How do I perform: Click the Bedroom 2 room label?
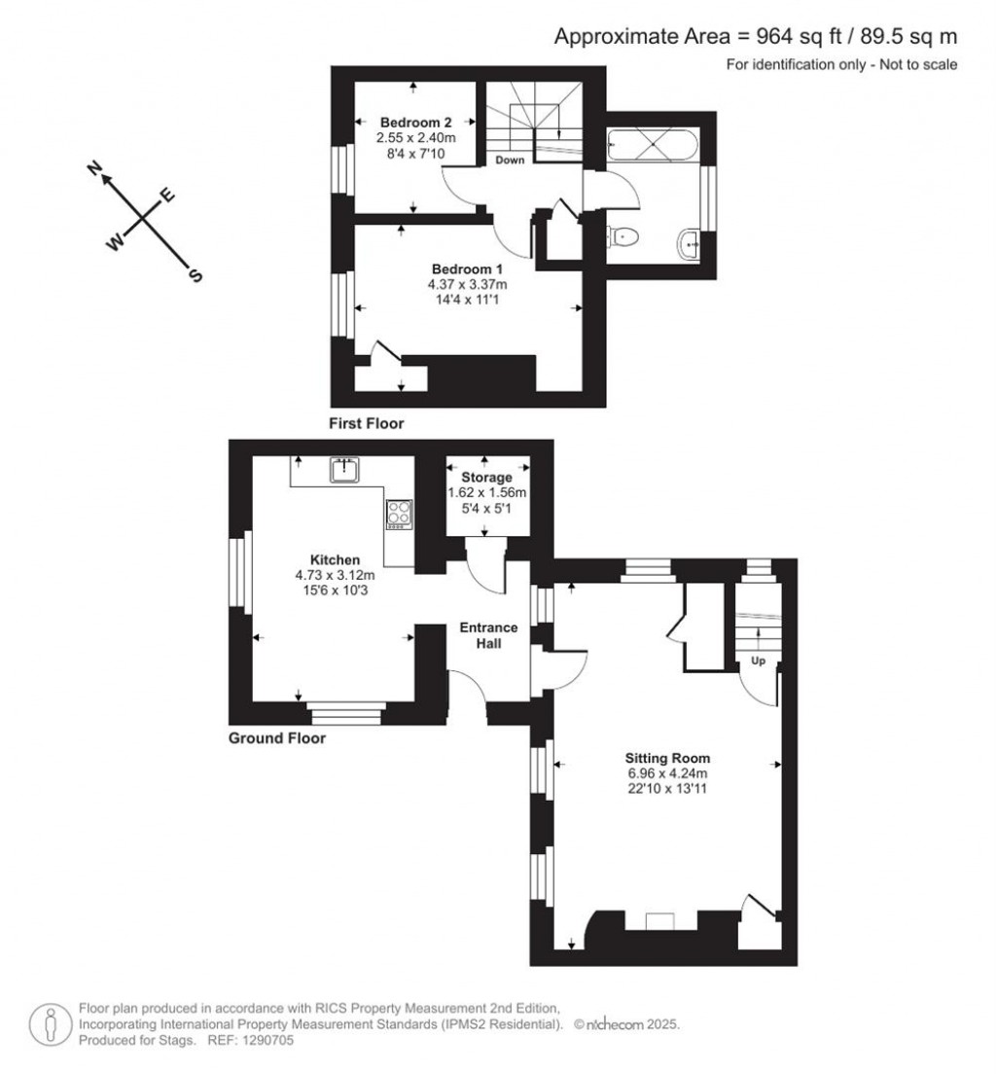415,123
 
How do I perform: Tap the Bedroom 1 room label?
467,269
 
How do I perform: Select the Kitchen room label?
335,559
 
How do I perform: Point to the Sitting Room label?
667,758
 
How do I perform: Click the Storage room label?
486,478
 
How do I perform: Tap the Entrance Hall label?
488,635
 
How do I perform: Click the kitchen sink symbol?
344,470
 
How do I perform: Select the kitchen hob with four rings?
400,514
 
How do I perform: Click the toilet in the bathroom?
622,237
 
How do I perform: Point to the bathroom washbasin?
689,244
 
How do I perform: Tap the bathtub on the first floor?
653,145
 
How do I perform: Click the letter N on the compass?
94,167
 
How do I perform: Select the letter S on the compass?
196,276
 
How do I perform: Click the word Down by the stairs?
510,161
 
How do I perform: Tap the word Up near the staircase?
758,661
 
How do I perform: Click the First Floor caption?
367,423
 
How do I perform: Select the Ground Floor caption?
277,737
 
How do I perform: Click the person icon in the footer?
50,1025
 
